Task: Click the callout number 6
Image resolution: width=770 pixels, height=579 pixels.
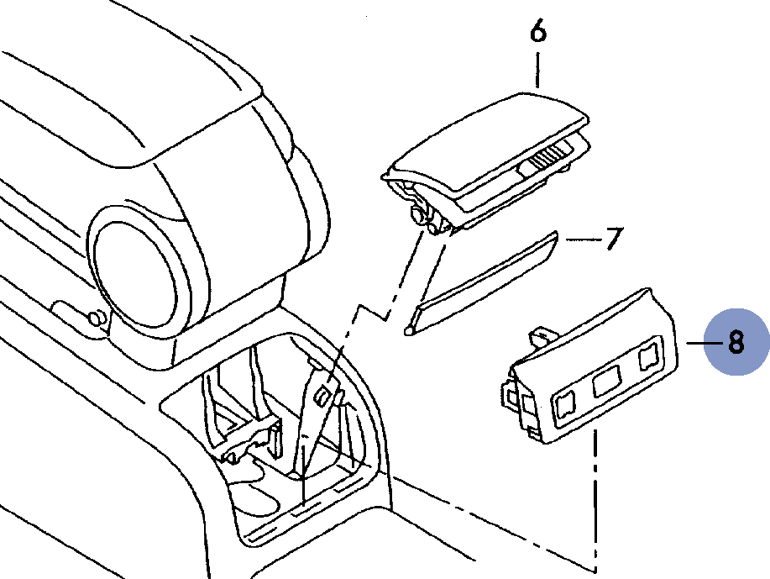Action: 538,33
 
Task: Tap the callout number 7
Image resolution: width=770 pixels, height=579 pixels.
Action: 614,239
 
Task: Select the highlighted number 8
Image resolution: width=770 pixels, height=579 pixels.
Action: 736,343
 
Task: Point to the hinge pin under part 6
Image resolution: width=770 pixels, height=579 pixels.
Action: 416,216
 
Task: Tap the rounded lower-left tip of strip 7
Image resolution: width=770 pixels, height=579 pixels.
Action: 410,329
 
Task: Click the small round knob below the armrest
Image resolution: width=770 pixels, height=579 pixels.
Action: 97,318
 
